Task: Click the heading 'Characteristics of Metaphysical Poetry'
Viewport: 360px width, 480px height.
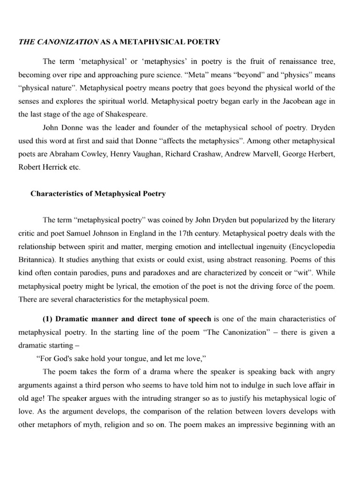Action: click(x=98, y=194)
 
